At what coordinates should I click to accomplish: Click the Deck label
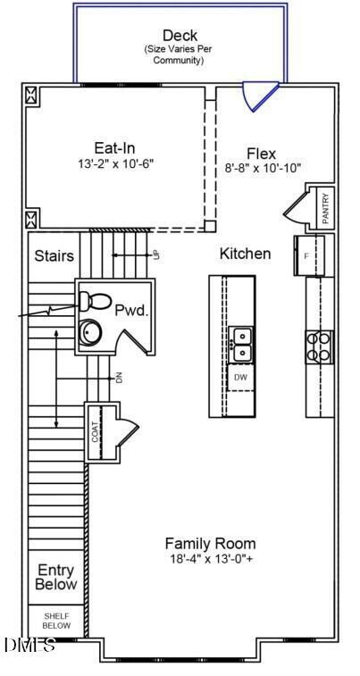click(180, 36)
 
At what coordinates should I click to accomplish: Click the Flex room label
click(262, 153)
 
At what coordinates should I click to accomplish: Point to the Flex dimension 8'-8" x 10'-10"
click(263, 168)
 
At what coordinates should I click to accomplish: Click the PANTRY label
click(326, 207)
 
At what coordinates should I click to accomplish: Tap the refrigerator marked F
click(306, 255)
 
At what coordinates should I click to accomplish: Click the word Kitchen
click(245, 254)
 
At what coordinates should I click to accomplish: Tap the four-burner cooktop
click(320, 345)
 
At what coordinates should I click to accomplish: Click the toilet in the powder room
click(91, 299)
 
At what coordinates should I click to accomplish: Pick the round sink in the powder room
click(91, 332)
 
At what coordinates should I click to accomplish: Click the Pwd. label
click(130, 309)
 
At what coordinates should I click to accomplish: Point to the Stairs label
click(54, 256)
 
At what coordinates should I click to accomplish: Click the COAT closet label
click(95, 432)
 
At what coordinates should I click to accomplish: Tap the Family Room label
click(210, 543)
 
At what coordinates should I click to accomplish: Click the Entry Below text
click(55, 577)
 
